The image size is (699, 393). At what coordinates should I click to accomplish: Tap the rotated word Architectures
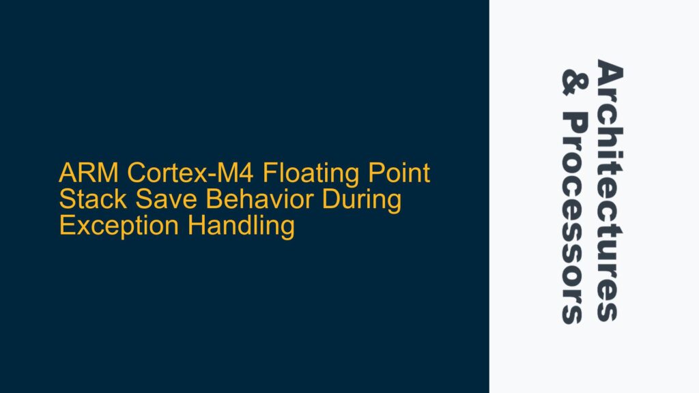click(610, 190)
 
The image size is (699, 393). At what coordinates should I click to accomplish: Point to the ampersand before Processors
click(573, 80)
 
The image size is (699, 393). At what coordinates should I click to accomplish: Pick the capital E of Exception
click(66, 226)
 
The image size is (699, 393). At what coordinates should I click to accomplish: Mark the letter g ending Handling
click(287, 229)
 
